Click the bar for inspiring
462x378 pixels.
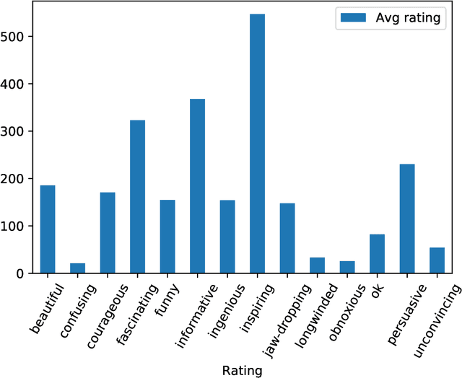(257, 144)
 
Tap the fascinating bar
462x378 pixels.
(137, 196)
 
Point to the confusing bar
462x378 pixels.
(77, 268)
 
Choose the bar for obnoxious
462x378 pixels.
(347, 267)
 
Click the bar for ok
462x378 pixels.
(377, 254)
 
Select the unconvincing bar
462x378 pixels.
(437, 260)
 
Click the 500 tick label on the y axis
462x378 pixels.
(18, 36)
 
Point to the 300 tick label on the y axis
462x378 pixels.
(18, 131)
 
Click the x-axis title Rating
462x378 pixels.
(242, 370)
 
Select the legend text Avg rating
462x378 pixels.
(408, 19)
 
